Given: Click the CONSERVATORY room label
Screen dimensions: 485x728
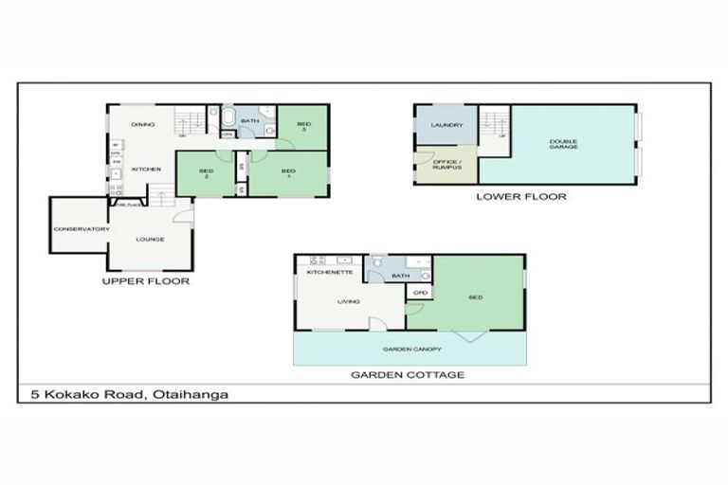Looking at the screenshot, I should point(82,228).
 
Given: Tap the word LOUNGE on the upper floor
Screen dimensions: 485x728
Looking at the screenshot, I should point(150,239).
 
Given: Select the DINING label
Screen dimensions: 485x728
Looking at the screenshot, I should point(143,124).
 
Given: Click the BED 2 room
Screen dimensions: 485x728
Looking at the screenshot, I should point(205,173).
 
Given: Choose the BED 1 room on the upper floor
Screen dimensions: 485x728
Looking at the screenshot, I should point(289,173).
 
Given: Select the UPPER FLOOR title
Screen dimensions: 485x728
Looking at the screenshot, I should point(146,281).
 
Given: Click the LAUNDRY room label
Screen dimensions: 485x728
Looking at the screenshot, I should point(446,125).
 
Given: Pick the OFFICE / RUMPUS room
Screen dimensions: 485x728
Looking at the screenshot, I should point(446,165).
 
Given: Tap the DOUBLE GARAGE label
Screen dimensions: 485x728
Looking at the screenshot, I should point(563,144).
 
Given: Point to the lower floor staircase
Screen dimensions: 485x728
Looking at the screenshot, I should point(493,126).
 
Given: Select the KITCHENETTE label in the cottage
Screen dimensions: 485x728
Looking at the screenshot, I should point(330,273).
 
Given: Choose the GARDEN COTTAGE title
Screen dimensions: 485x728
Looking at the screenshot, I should point(408,375).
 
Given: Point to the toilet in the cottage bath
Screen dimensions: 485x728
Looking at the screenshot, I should point(377,260).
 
